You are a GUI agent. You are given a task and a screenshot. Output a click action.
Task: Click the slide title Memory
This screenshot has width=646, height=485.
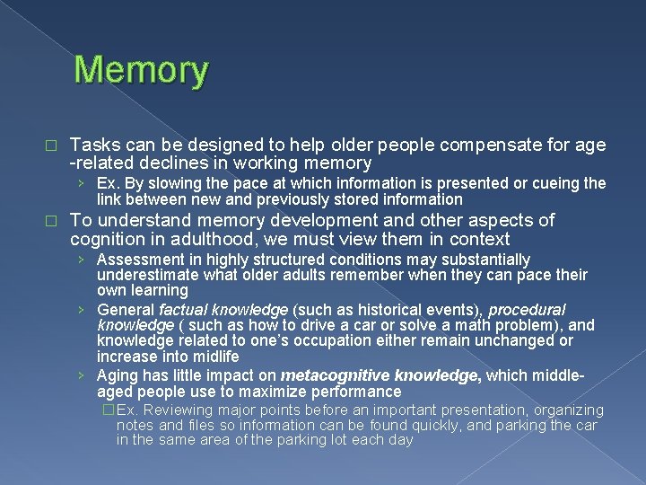pyautogui.click(x=142, y=70)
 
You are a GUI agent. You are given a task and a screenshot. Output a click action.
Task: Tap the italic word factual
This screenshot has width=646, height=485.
pyautogui.click(x=185, y=310)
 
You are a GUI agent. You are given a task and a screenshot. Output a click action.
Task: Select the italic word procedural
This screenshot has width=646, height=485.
pyautogui.click(x=527, y=310)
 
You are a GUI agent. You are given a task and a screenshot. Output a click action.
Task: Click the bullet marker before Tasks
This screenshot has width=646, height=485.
pyautogui.click(x=51, y=145)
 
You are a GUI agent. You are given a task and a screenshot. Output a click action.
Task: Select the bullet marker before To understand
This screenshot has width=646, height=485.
pyautogui.click(x=51, y=221)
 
